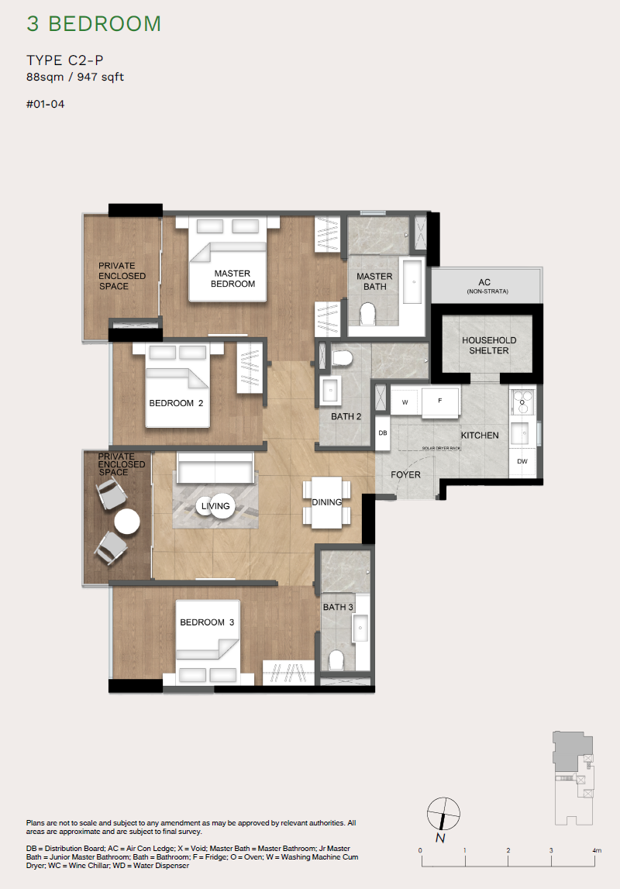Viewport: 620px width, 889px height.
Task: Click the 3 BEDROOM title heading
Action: point(94,24)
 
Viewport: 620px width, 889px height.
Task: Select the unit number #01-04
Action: point(45,105)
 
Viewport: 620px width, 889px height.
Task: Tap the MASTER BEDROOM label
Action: point(233,279)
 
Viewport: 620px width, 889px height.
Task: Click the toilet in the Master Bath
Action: point(368,314)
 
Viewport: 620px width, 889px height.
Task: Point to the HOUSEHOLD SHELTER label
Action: point(489,346)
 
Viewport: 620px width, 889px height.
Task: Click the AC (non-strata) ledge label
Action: point(484,286)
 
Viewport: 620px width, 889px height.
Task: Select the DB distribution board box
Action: point(382,432)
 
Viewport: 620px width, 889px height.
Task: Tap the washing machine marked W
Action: point(404,401)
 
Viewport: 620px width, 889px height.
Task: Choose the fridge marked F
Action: point(439,401)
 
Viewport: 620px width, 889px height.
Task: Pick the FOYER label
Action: point(405,474)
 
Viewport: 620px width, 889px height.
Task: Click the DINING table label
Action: point(327,502)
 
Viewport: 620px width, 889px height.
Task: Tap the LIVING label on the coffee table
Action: point(215,506)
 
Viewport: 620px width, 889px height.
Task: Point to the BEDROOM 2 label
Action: point(176,403)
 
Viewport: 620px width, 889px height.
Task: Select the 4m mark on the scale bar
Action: point(596,851)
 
